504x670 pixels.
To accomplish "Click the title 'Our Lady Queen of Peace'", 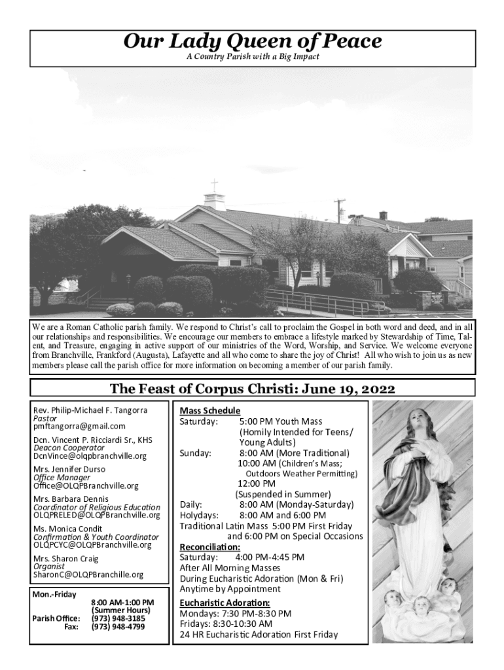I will point(252,43).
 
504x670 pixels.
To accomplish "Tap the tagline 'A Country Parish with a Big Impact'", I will point(252,57).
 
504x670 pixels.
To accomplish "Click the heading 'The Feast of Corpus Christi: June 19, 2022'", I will point(252,389).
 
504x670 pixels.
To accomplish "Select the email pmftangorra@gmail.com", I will point(79,426).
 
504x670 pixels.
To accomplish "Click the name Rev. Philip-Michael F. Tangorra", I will point(90,410).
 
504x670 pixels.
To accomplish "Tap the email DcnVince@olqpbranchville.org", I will point(90,456).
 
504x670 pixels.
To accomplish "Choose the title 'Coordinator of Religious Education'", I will point(96,507).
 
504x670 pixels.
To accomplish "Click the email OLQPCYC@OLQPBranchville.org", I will point(92,544).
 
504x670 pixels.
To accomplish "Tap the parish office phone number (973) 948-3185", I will point(118,618).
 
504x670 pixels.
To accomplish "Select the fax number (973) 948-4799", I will point(118,627).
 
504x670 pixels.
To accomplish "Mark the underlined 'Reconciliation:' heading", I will point(210,546).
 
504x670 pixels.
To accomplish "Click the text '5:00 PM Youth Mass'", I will point(280,421).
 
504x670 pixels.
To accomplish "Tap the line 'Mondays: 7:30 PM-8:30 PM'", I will point(235,613).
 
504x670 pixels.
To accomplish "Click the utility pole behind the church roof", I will point(339,211).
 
